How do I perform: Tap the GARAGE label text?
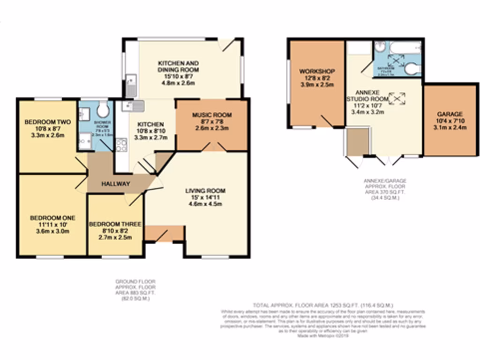pyautogui.click(x=450, y=114)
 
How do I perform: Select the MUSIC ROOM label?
pyautogui.click(x=212, y=115)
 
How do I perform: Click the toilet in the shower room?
pyautogui.click(x=103, y=111)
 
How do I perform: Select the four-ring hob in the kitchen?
pyautogui.click(x=121, y=144)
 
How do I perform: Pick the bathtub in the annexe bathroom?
pyautogui.click(x=406, y=48)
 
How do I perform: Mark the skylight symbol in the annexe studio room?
pyautogui.click(x=397, y=97)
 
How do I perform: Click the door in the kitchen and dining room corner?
pyautogui.click(x=230, y=45)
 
